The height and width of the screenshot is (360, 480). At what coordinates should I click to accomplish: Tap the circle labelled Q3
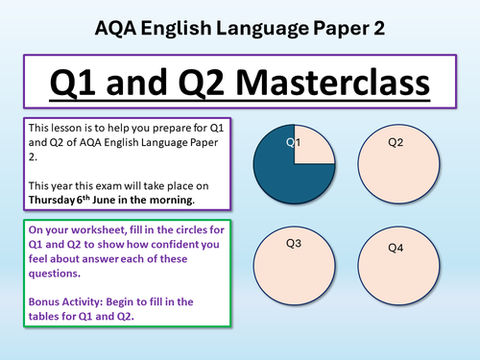point(295,267)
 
